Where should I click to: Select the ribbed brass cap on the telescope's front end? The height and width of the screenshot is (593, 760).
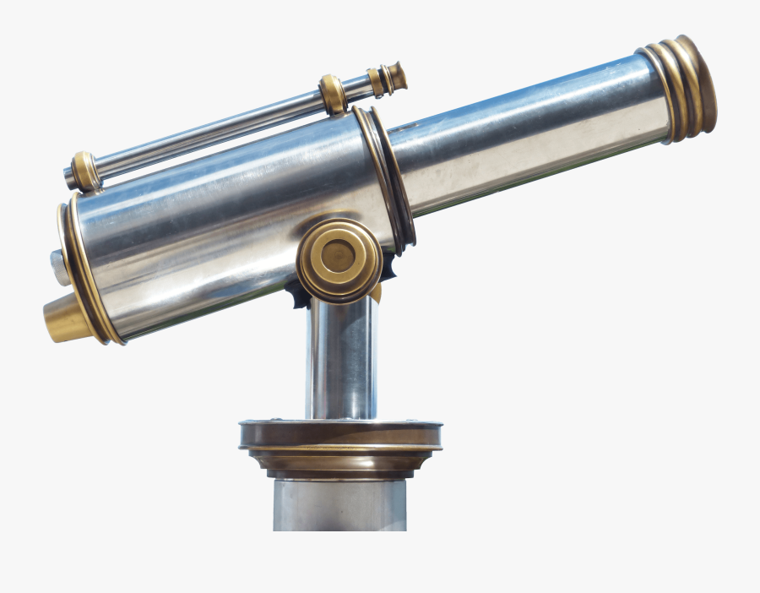click(682, 86)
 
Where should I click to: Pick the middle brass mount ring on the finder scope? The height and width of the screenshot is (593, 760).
click(333, 94)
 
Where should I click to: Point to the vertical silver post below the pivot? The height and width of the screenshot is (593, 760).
click(341, 359)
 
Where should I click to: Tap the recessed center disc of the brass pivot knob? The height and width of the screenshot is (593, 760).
click(339, 256)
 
